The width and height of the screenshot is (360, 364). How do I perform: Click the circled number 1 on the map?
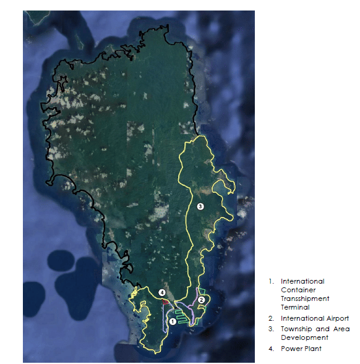click(173, 314)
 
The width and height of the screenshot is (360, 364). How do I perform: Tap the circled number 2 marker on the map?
click(202, 300)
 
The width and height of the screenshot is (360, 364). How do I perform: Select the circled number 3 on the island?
click(200, 207)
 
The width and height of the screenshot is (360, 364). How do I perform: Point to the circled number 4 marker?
click(161, 292)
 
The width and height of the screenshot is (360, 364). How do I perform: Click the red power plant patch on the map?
click(166, 302)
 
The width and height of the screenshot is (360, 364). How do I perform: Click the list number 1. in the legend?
click(270, 281)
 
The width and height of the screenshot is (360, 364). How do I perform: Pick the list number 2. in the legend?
click(271, 318)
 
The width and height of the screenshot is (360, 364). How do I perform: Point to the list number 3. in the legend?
click(271, 329)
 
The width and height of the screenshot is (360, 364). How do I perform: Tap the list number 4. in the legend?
click(271, 349)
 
